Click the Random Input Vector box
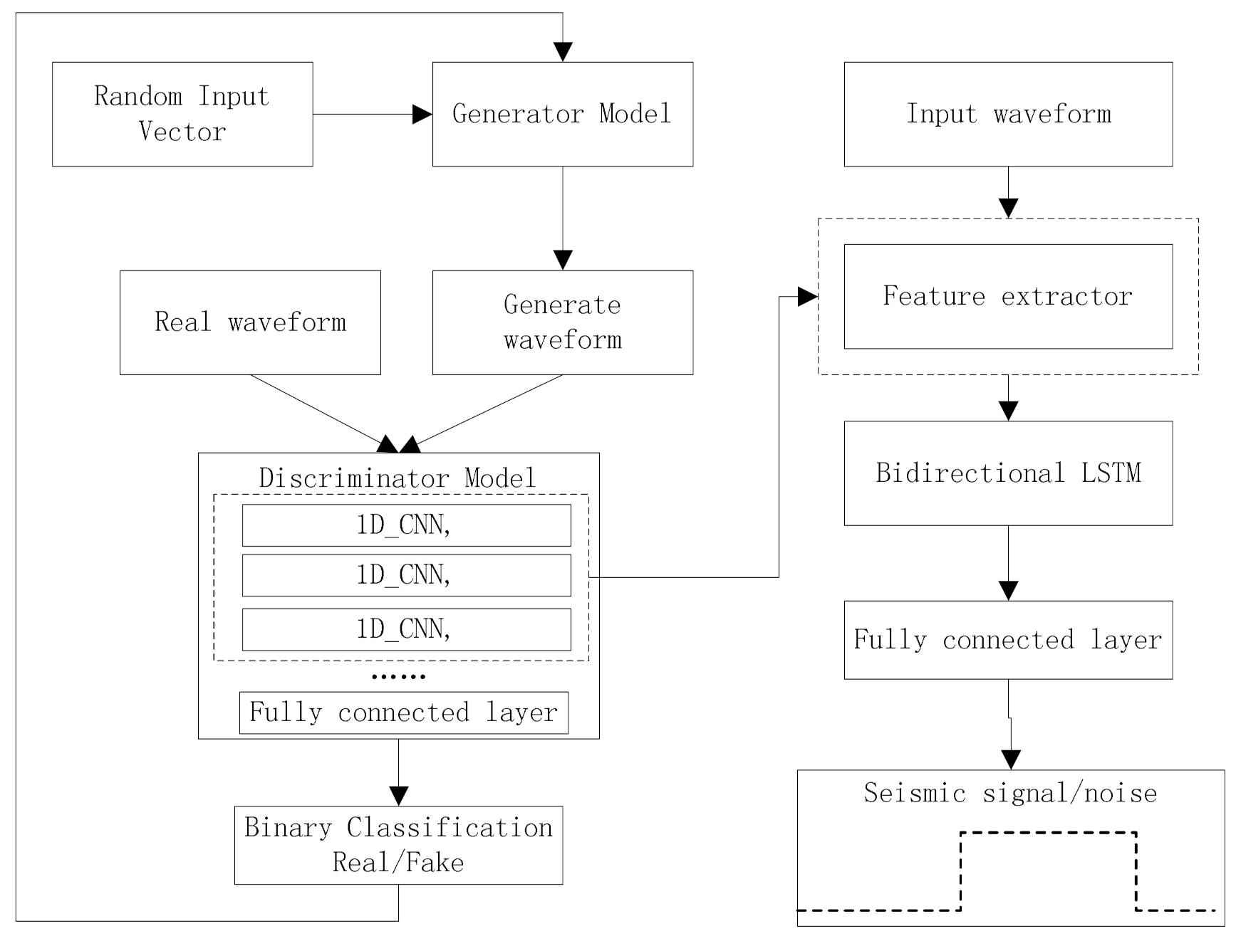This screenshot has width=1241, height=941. (x=182, y=114)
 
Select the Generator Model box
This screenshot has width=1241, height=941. (x=562, y=114)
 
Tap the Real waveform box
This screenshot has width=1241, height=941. (x=250, y=322)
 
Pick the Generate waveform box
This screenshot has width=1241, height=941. (x=562, y=322)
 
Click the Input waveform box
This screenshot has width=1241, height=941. (x=1008, y=114)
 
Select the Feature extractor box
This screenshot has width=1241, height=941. (x=1008, y=296)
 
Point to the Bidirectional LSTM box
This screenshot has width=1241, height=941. (x=1008, y=473)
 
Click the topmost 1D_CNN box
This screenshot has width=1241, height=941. (x=406, y=525)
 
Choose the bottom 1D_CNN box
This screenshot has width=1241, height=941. (x=406, y=629)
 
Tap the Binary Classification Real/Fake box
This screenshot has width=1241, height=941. (x=398, y=845)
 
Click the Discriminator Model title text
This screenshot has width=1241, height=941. (x=398, y=478)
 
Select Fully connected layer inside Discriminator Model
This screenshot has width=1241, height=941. (x=403, y=713)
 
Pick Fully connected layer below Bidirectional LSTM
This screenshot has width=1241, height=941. (x=1008, y=640)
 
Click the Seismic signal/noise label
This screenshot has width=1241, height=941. (x=1010, y=793)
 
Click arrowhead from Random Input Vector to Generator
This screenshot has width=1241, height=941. (x=422, y=114)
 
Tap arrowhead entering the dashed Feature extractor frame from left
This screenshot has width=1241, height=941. (x=807, y=297)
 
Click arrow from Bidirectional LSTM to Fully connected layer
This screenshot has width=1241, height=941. (x=1008, y=563)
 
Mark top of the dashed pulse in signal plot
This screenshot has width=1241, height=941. (x=1048, y=832)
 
